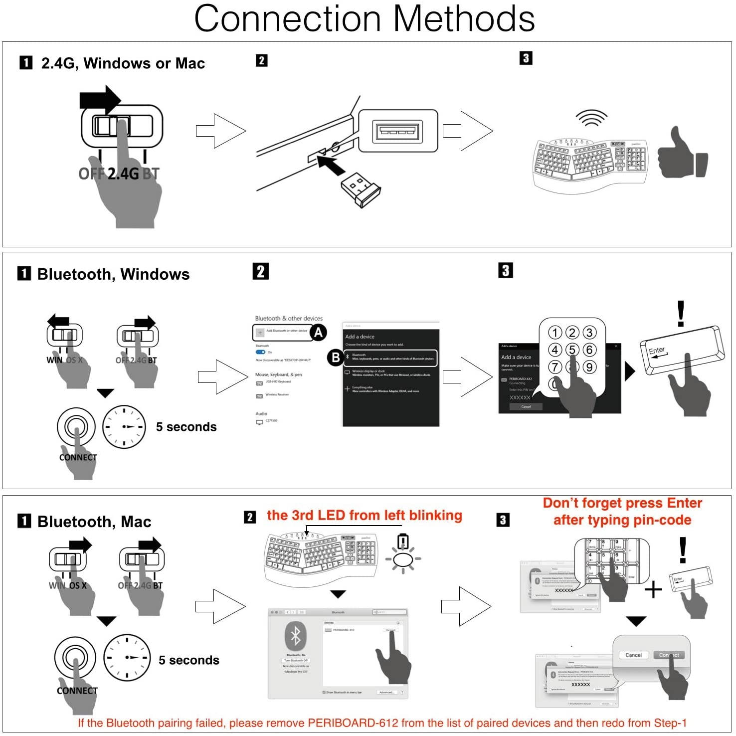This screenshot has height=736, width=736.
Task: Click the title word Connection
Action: click(287, 18)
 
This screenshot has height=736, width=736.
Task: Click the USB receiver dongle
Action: click(361, 189)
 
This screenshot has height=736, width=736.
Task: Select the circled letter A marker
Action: click(318, 332)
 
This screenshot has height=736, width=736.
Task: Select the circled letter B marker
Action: click(336, 357)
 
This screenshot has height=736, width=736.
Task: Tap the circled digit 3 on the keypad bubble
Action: click(589, 333)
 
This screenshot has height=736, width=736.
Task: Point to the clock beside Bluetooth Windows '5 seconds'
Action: click(124, 427)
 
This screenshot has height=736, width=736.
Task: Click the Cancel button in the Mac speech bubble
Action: click(633, 655)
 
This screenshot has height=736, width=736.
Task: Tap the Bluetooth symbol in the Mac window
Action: click(296, 636)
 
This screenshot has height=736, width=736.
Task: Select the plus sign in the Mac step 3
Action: click(653, 590)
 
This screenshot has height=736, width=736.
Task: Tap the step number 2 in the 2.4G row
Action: click(261, 61)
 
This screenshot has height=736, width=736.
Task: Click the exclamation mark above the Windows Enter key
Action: click(681, 314)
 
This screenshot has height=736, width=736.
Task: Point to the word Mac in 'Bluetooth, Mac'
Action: click(136, 522)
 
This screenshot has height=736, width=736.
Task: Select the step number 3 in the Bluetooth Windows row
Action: click(506, 271)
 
